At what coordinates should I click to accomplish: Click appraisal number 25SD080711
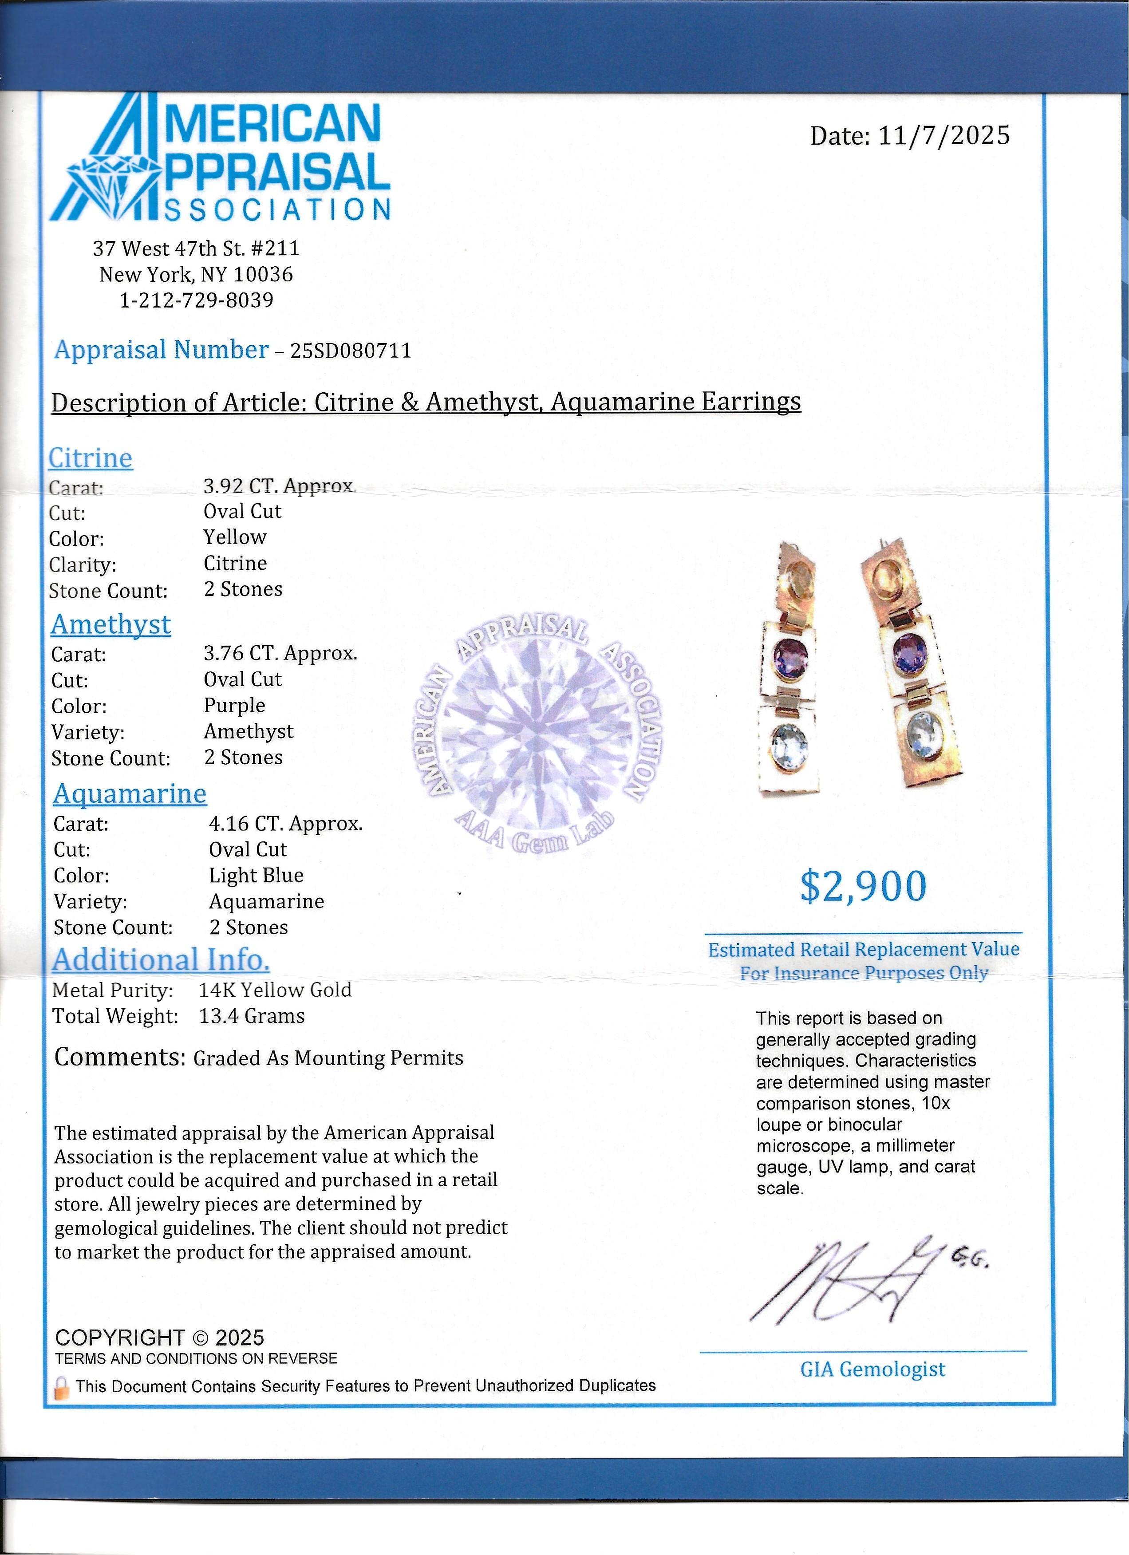pyautogui.click(x=351, y=351)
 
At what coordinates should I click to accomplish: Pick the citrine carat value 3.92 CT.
pyautogui.click(x=279, y=486)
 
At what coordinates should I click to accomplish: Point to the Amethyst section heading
pyautogui.click(x=111, y=624)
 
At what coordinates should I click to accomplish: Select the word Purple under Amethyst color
pyautogui.click(x=234, y=706)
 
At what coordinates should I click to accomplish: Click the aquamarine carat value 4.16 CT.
pyautogui.click(x=285, y=824)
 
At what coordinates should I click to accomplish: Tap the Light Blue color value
pyautogui.click(x=256, y=876)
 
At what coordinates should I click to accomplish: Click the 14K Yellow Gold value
pyautogui.click(x=275, y=990)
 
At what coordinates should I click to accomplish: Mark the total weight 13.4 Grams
pyautogui.click(x=252, y=1016)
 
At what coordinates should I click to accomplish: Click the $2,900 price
pyautogui.click(x=863, y=887)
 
